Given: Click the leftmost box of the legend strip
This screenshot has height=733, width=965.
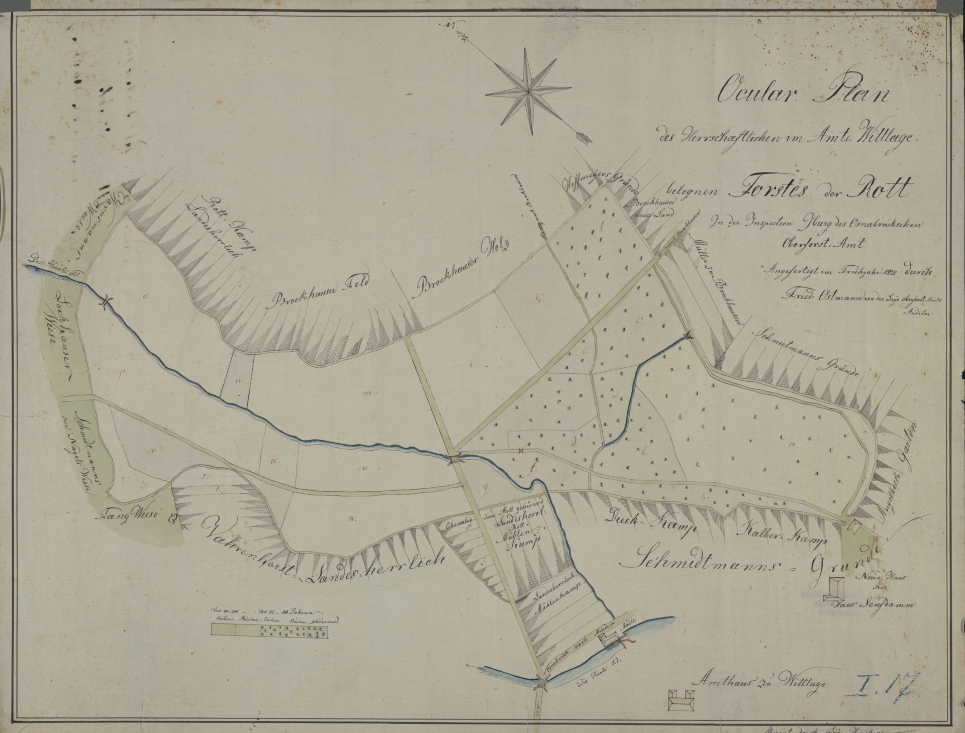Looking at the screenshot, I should click(x=223, y=635).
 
